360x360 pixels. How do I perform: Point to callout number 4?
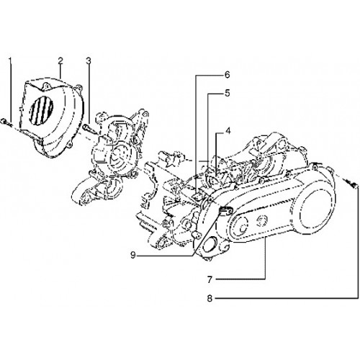(228, 131)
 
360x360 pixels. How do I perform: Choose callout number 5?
(227, 93)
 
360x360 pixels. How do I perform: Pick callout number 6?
(227, 75)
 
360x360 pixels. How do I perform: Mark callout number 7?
(210, 279)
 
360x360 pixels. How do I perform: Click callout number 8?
(210, 299)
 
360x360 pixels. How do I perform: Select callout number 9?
(133, 255)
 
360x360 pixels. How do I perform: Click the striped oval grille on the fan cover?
(41, 112)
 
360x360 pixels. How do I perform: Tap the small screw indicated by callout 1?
(4, 122)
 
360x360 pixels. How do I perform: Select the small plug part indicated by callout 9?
(225, 210)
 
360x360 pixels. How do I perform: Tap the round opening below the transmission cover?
(208, 246)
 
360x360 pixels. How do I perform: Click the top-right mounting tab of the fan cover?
(79, 89)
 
